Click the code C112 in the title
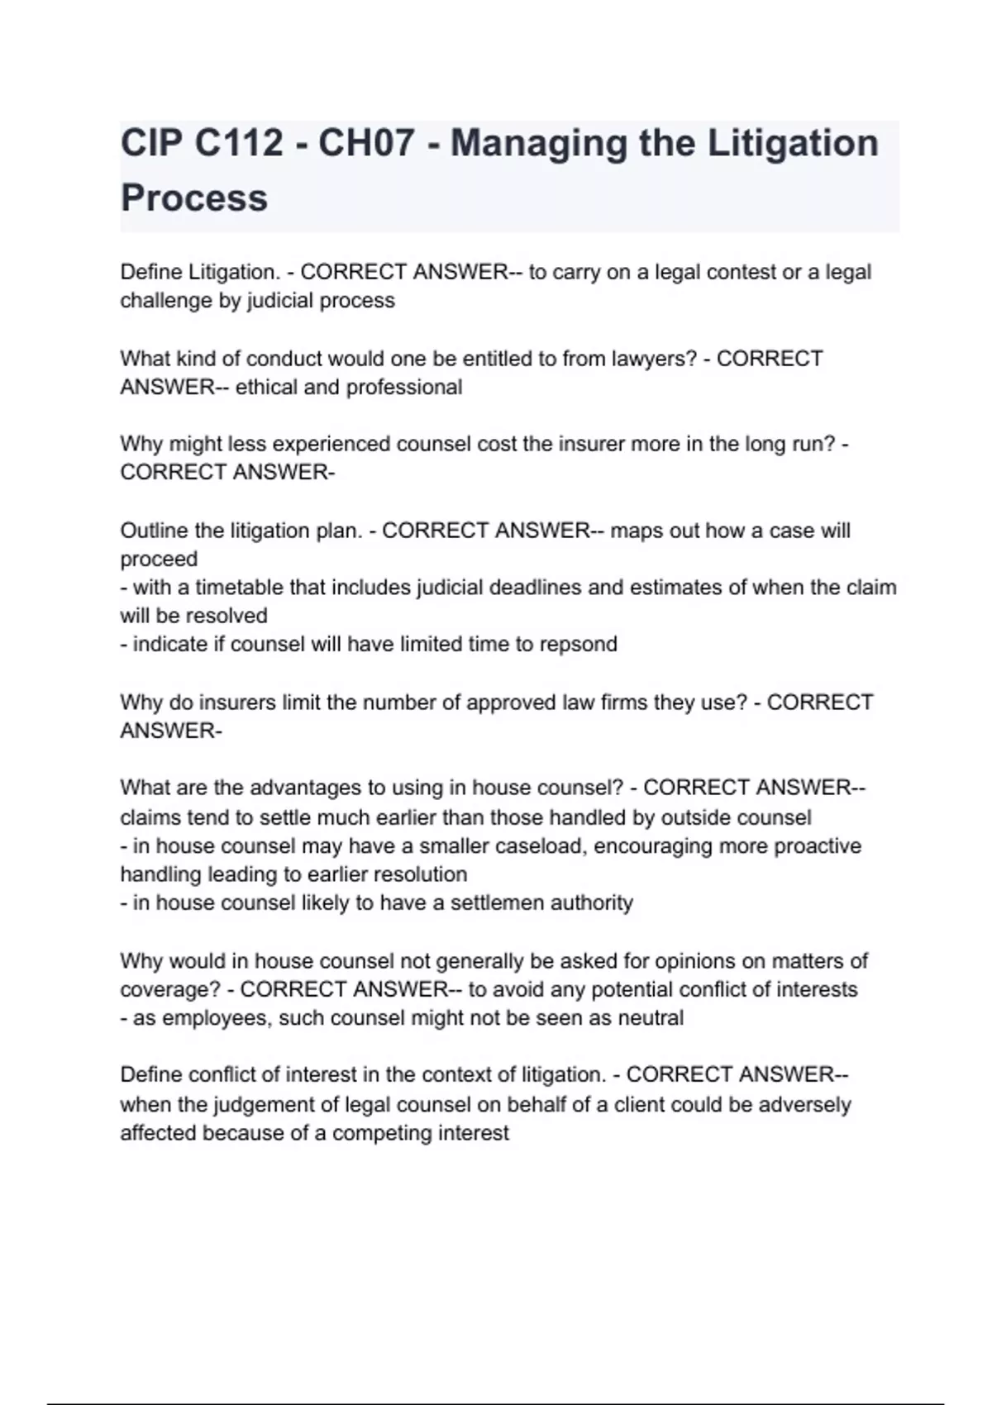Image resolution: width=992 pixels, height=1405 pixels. [240, 143]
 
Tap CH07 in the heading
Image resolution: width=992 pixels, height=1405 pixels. [365, 143]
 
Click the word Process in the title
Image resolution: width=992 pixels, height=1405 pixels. [194, 198]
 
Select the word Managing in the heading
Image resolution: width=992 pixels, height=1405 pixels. [537, 143]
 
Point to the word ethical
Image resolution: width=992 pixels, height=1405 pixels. [266, 387]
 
